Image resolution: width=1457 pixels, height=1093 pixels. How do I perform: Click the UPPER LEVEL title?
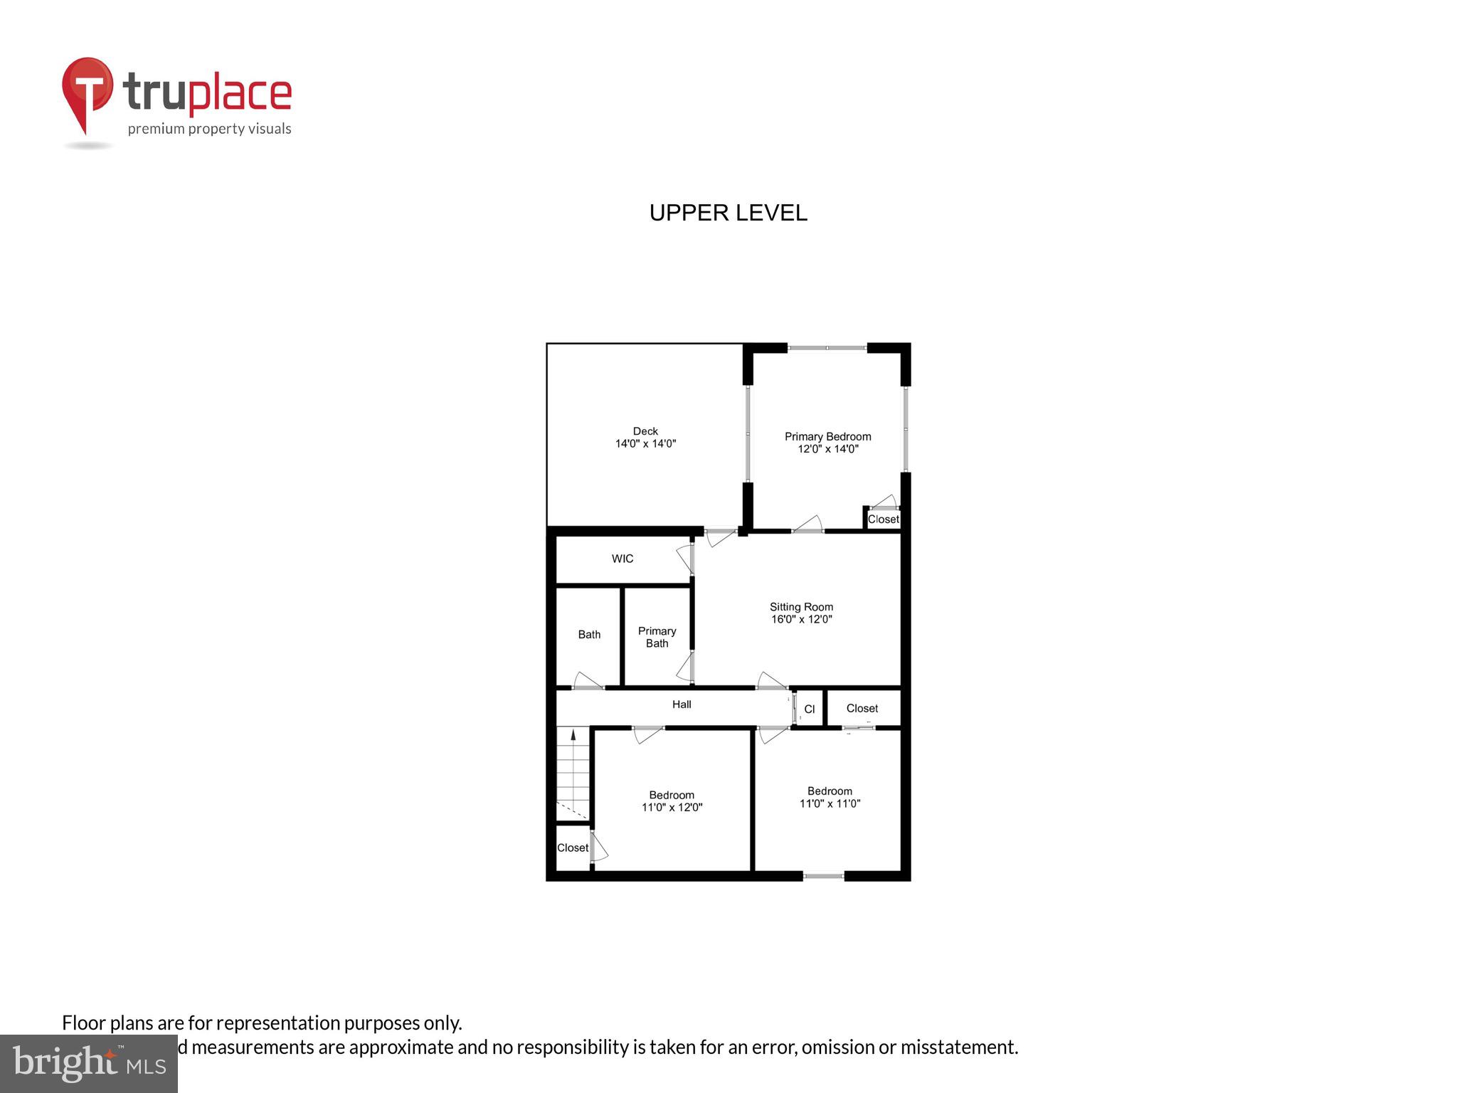coord(728,213)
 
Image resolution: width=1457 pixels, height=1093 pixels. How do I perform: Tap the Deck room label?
coord(645,431)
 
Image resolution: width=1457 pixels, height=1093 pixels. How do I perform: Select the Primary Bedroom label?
coord(827,436)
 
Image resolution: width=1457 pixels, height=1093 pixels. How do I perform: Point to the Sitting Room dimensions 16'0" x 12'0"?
coord(802,619)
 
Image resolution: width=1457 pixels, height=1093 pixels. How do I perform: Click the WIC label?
coord(622,559)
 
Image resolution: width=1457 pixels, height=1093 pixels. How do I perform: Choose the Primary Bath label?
coord(657,637)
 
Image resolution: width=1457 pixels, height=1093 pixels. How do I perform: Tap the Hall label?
coord(682,704)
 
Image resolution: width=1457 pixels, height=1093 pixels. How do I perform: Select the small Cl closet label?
coord(809,709)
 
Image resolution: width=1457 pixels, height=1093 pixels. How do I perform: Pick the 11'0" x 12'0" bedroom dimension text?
coord(672,808)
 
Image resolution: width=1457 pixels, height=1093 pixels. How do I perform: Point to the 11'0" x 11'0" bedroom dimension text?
coord(830,803)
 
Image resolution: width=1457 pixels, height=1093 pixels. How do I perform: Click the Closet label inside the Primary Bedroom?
coord(883,519)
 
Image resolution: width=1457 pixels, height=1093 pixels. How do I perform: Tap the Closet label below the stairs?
coord(572,848)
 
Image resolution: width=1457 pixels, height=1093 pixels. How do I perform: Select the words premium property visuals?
coord(209,129)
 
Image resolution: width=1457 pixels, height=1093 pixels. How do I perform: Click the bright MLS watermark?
coord(89,1063)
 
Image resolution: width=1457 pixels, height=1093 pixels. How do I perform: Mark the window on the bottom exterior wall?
coord(823,876)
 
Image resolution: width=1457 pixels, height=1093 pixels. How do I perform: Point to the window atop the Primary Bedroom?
coord(827,347)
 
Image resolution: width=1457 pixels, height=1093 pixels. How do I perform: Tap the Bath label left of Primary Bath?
coord(589,635)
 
